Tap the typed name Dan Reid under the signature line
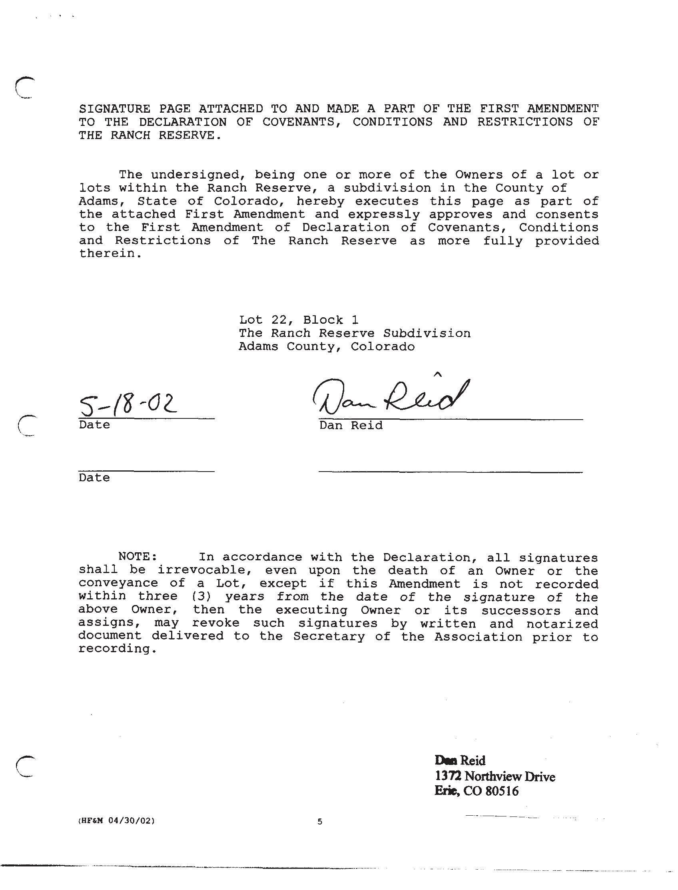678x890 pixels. click(351, 425)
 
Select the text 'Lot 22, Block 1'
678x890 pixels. click(298, 320)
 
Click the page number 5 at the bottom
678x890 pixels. click(320, 821)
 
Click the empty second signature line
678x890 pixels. click(450, 468)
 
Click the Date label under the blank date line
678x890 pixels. click(94, 478)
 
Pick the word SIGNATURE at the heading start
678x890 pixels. click(115, 109)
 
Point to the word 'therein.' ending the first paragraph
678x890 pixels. click(111, 254)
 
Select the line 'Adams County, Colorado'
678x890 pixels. click(327, 346)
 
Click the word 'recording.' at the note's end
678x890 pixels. click(117, 649)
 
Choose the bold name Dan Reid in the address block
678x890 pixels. click(460, 761)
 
